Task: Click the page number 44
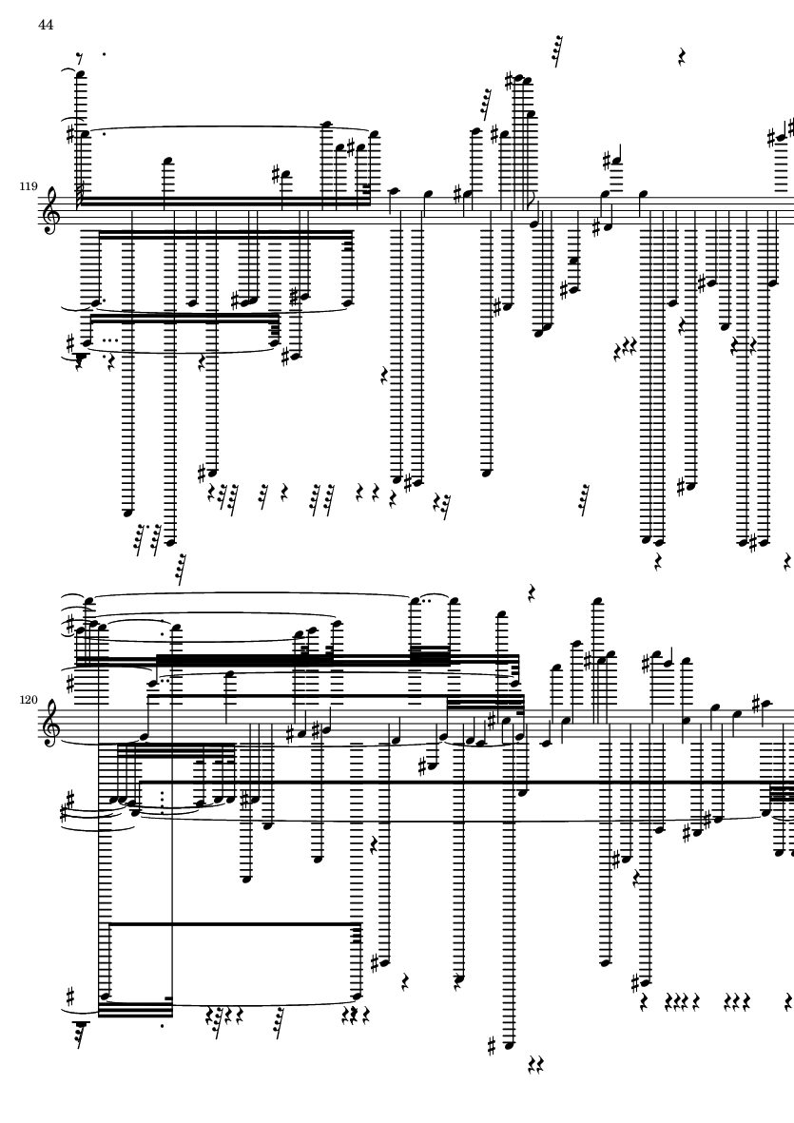click(46, 25)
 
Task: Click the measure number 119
click(29, 186)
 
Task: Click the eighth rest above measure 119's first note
click(80, 57)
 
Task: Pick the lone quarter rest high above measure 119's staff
click(683, 57)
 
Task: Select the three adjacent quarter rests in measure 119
click(625, 350)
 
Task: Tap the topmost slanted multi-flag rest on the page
click(558, 50)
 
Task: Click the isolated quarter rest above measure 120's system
click(533, 591)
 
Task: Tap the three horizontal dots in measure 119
click(111, 341)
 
